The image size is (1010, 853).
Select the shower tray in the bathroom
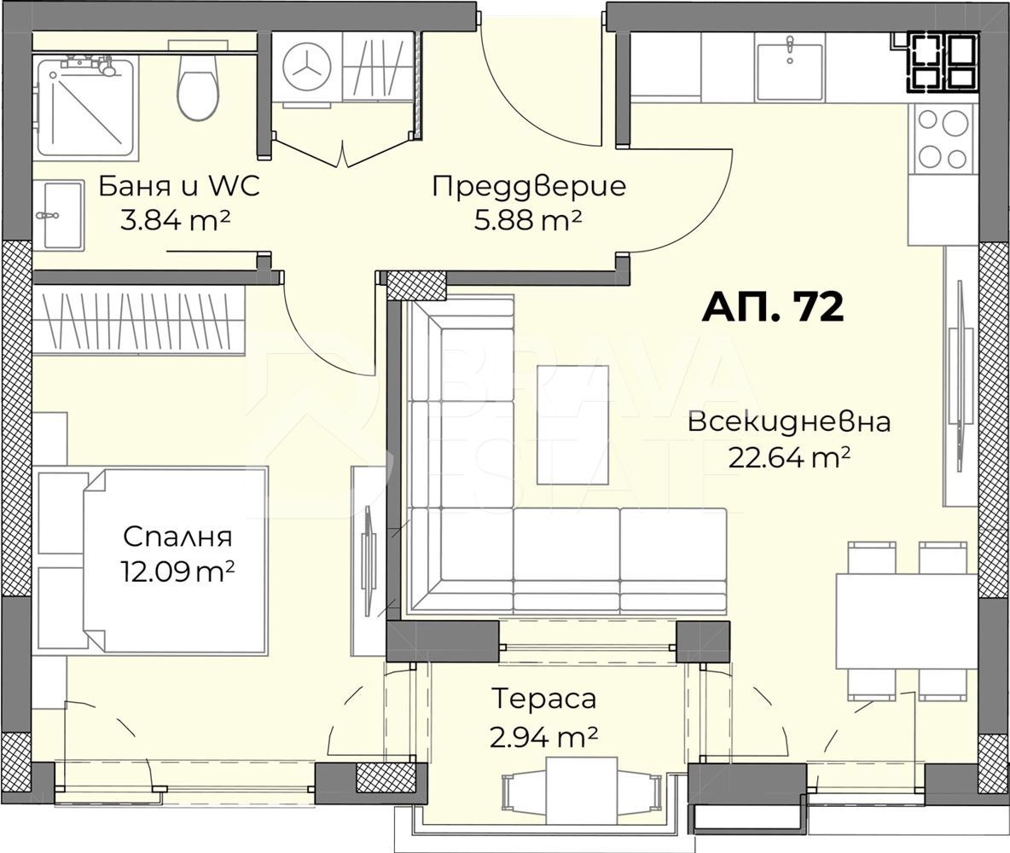[x=86, y=107]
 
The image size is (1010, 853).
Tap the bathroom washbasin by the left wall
[x=58, y=215]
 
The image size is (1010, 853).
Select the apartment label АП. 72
[x=773, y=307]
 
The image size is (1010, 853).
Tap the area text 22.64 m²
[x=789, y=458]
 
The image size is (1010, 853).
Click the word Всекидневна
[x=789, y=421]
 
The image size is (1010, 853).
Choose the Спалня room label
[x=177, y=537]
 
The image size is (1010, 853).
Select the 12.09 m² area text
[x=177, y=571]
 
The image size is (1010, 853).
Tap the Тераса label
[x=543, y=699]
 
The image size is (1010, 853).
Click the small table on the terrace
[x=581, y=790]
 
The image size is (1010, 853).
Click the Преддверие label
[x=529, y=186]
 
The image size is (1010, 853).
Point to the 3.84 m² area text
[x=176, y=221]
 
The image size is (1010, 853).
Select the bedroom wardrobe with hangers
[x=139, y=320]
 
